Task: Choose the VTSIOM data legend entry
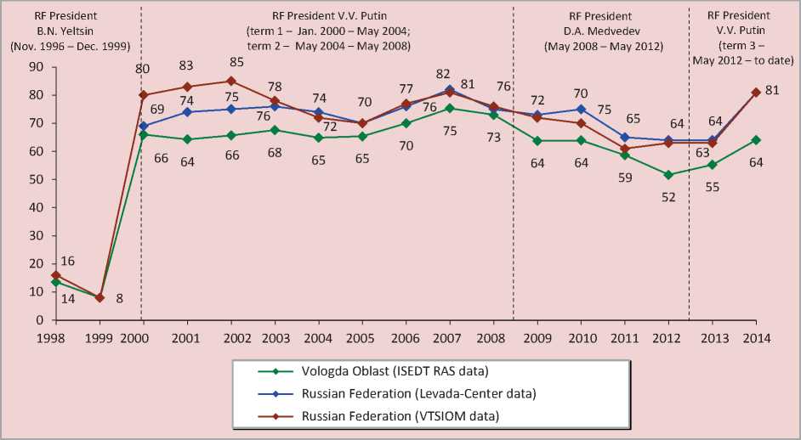(x=399, y=415)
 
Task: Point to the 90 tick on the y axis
(x=35, y=67)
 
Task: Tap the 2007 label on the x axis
(x=448, y=338)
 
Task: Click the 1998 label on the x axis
(x=55, y=338)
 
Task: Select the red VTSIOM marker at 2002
(x=230, y=82)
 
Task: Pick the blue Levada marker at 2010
(x=580, y=109)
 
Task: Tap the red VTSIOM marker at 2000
(x=143, y=95)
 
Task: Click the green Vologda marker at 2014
(x=755, y=140)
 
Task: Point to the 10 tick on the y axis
(x=35, y=292)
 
